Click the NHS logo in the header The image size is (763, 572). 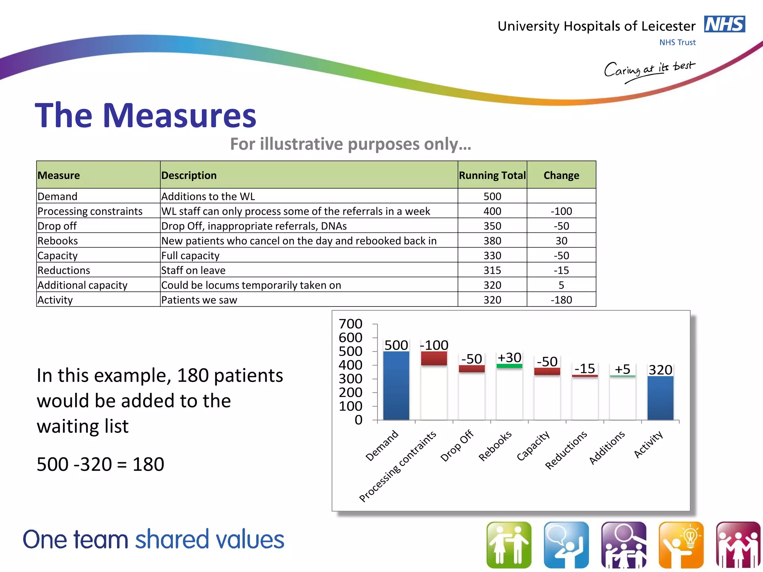(724, 24)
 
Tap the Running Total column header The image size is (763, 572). (492, 175)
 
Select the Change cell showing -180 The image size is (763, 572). (561, 300)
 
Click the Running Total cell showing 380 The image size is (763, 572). (492, 241)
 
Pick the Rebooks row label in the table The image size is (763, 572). (58, 241)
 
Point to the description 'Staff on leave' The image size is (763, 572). (193, 270)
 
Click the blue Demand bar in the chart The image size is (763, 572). (396, 385)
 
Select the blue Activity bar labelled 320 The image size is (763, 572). (660, 398)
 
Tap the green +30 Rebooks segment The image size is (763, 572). (509, 366)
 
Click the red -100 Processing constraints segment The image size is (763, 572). (434, 358)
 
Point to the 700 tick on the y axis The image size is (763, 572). (350, 324)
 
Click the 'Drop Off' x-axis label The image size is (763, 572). (457, 445)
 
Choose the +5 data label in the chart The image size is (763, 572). (622, 369)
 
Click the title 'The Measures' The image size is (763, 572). (146, 115)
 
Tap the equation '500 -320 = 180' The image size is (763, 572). (100, 464)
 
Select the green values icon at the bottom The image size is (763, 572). (509, 544)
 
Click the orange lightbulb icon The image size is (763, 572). (681, 544)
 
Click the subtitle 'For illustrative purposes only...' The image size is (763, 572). (351, 144)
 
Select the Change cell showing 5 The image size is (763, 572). (561, 285)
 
